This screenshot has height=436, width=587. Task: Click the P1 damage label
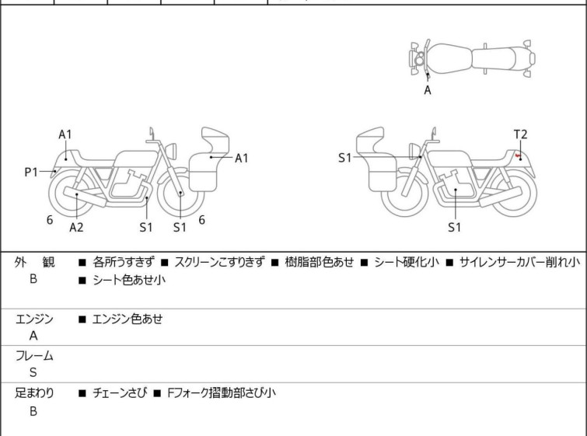(x=30, y=172)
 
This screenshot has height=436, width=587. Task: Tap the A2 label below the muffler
(x=76, y=227)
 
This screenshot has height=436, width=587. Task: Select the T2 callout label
(x=520, y=134)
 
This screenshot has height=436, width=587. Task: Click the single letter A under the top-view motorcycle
(x=427, y=90)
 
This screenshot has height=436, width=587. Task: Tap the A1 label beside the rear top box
(x=242, y=158)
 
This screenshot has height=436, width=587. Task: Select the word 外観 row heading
(x=34, y=263)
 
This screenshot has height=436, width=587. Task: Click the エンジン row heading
(x=34, y=318)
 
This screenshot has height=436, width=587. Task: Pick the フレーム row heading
(x=34, y=356)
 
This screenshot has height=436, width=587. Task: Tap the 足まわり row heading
(x=34, y=393)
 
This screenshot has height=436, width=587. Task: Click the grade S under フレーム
(x=33, y=373)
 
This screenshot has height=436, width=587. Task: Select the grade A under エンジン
(x=33, y=336)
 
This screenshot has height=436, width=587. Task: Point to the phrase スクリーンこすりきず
(x=220, y=263)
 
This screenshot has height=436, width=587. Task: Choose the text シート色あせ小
(x=128, y=281)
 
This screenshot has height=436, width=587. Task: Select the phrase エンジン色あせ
(x=128, y=318)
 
